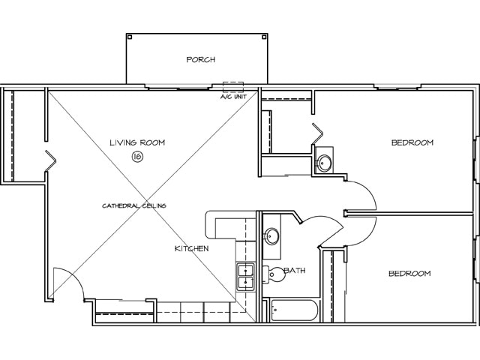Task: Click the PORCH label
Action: click(200, 60)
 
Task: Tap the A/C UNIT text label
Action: click(233, 97)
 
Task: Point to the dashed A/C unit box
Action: click(233, 86)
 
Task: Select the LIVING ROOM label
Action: click(137, 142)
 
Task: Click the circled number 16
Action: click(137, 157)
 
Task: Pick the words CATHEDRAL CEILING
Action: click(134, 205)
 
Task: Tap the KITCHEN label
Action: click(191, 248)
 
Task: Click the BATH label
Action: click(295, 271)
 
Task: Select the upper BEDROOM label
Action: click(412, 142)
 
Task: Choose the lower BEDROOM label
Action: click(409, 274)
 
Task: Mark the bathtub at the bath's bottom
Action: click(295, 310)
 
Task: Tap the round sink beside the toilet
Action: click(272, 237)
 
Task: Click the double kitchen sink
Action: click(245, 277)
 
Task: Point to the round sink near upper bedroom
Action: click(325, 162)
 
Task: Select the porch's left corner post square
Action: click(129, 37)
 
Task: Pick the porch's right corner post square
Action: click(264, 37)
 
